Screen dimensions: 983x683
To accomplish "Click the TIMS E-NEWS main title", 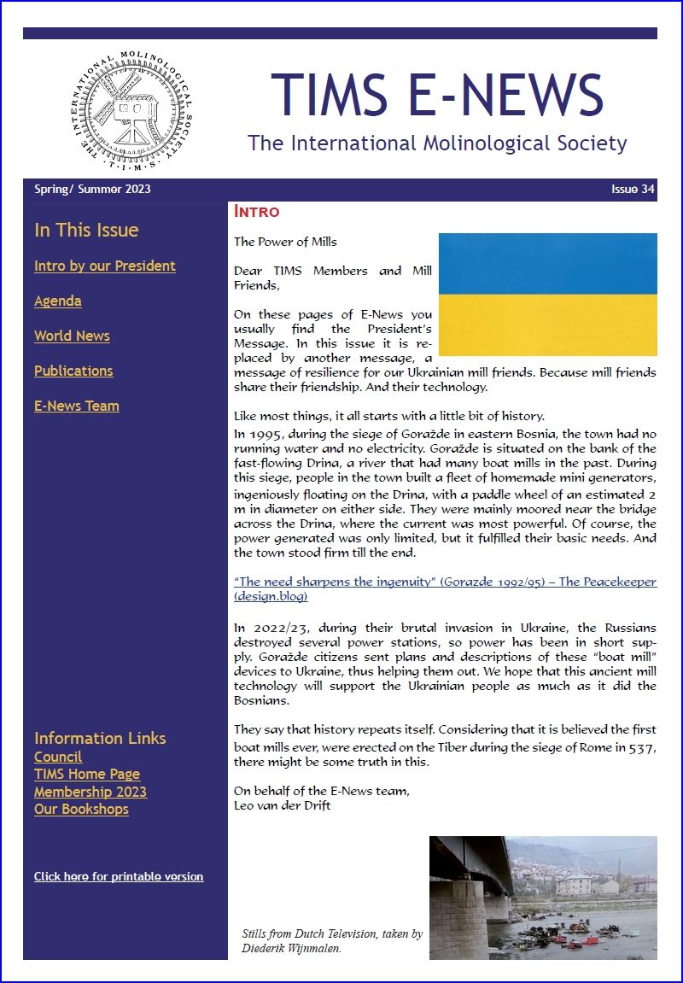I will click(437, 93).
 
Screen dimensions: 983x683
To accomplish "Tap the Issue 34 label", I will click(633, 189).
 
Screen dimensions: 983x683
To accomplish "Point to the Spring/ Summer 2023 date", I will click(92, 189).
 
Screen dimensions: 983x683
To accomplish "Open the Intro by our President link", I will click(105, 266).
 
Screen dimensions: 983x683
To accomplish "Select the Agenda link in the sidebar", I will click(58, 301).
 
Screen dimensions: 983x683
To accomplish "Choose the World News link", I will click(72, 336).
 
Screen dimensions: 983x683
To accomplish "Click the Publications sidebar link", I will click(73, 371).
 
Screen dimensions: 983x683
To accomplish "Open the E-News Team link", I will click(77, 406).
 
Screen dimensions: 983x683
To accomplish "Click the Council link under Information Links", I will click(58, 757).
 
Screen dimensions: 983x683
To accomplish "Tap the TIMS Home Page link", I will click(87, 774).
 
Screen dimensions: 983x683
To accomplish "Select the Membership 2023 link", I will click(90, 792).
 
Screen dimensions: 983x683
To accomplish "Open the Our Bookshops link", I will click(81, 809).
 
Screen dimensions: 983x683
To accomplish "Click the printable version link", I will click(119, 876).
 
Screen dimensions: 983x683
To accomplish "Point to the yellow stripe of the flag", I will click(547, 325).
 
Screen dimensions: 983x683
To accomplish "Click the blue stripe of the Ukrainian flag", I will click(547, 263).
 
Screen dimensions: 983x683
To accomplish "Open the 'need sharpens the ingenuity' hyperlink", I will click(445, 582).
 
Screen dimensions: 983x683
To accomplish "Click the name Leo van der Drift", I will click(282, 805).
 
